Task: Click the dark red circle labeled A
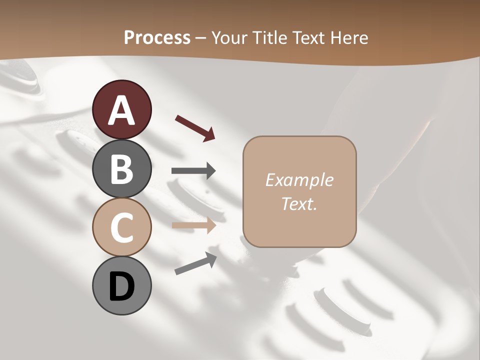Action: pos(121,109)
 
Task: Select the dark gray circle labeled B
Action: pos(121,168)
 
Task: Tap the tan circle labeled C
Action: pos(121,227)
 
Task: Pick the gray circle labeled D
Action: pos(121,286)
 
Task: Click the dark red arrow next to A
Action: pos(195,127)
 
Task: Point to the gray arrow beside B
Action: pos(193,171)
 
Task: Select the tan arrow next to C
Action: pos(193,225)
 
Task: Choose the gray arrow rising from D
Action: pos(195,263)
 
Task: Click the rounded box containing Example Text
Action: pos(299,191)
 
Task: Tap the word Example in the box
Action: pos(299,180)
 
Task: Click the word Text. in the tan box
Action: pos(299,203)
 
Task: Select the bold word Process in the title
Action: pos(157,37)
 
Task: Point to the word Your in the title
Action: pos(230,37)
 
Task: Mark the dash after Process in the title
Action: pos(201,38)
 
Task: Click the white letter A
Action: pos(121,110)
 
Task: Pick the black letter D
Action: pos(121,287)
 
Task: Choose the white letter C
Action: pos(121,228)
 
